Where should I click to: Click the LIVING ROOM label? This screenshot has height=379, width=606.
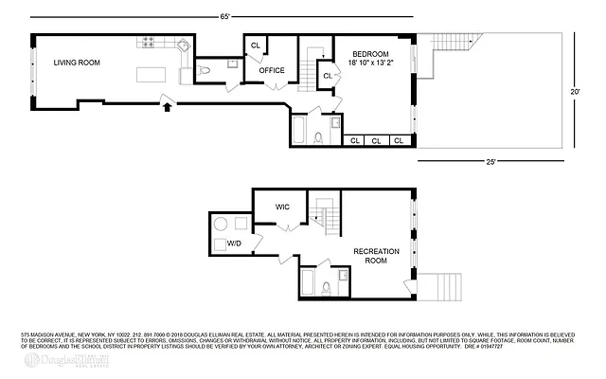point(77,63)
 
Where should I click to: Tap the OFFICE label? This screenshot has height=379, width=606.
point(273,69)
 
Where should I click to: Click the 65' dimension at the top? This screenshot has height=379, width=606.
point(225,16)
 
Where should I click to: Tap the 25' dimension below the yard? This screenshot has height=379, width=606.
point(490,160)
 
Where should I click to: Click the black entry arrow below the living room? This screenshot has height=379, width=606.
point(169,107)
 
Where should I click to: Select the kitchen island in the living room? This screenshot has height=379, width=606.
point(151,75)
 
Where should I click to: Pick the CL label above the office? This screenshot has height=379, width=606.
point(256,45)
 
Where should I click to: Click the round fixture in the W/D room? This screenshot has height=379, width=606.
point(221,225)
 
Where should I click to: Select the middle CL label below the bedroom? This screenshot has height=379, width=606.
point(377,141)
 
